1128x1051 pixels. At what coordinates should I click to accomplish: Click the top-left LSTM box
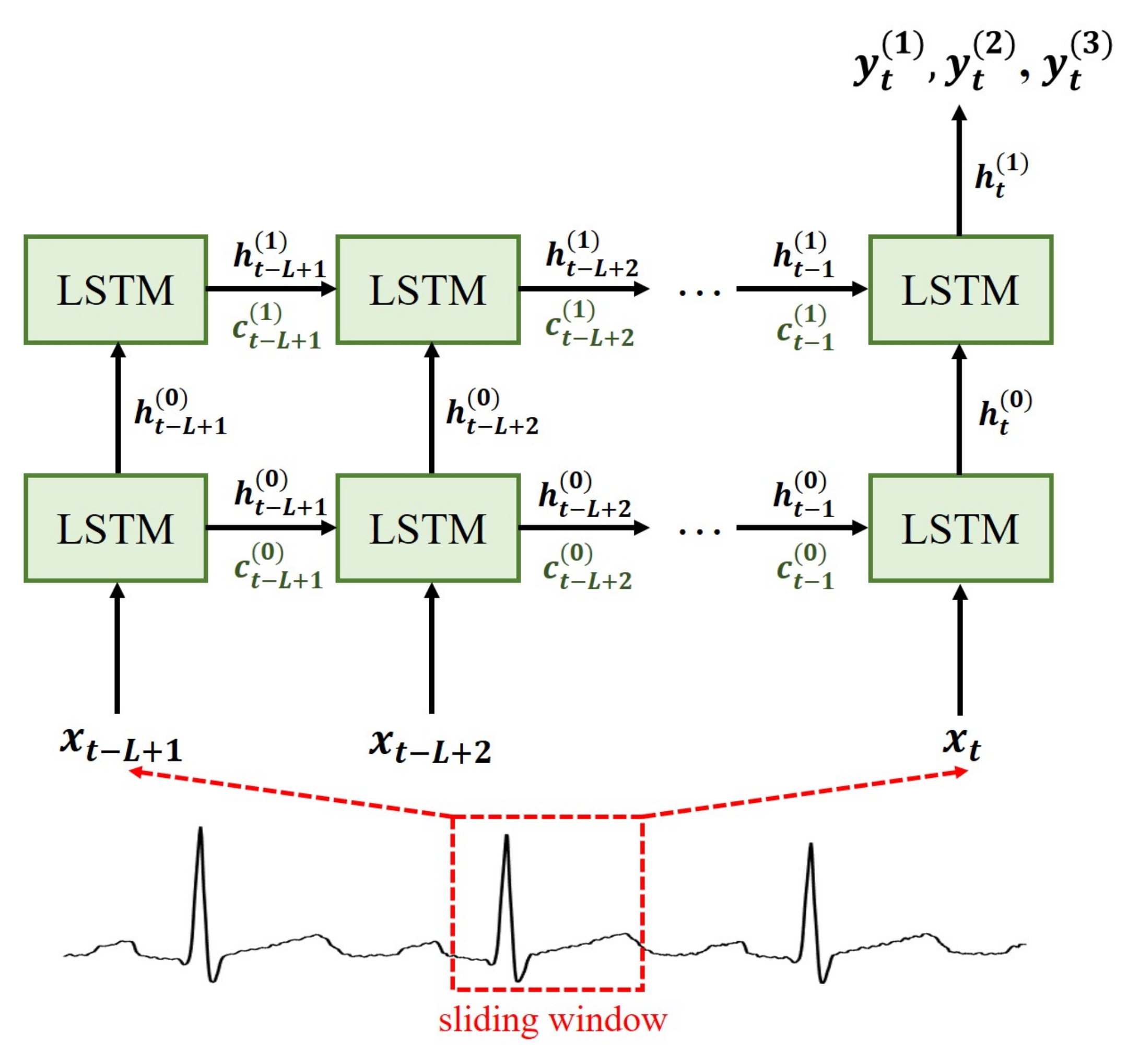click(115, 289)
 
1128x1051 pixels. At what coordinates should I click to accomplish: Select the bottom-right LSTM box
click(960, 528)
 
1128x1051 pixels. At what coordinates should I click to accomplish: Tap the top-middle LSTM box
click(428, 289)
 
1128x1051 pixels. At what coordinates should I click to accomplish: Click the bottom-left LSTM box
click(115, 528)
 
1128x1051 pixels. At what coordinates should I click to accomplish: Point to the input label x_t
click(961, 743)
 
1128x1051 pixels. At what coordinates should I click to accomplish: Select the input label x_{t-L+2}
click(430, 747)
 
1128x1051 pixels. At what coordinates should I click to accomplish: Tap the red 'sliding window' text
click(553, 1020)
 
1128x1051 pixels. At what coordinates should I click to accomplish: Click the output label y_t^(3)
click(1076, 63)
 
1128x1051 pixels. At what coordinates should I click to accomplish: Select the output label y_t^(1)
click(887, 63)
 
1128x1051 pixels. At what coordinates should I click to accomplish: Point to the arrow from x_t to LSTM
click(959, 650)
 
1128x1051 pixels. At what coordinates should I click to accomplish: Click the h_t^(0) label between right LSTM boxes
click(1004, 413)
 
